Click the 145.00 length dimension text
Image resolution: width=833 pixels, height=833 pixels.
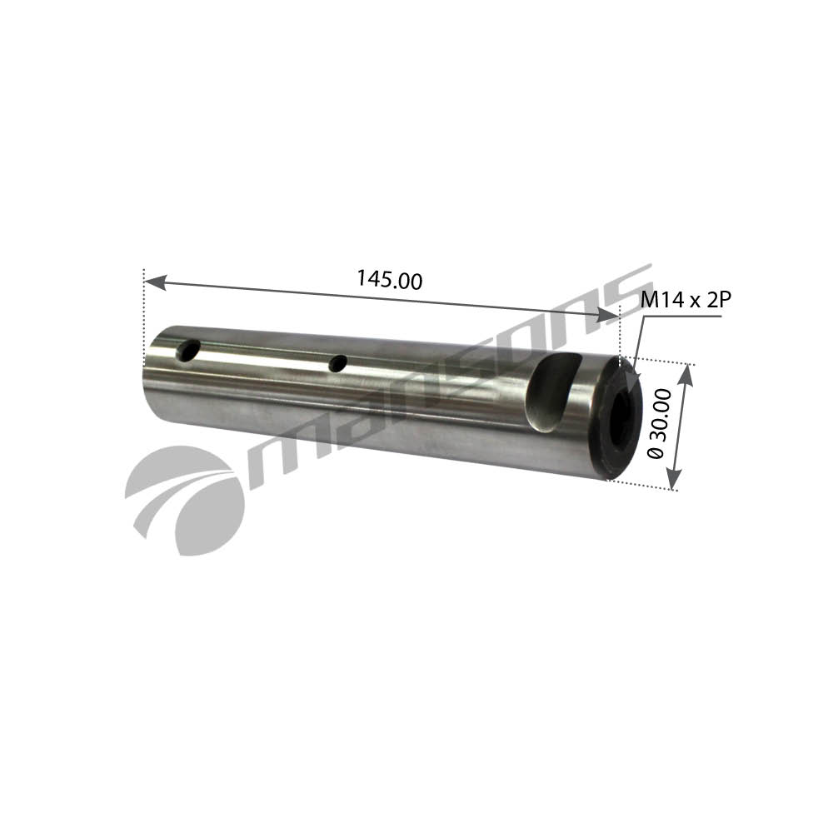[x=389, y=279]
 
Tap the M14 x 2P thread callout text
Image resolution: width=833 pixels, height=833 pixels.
[x=686, y=300]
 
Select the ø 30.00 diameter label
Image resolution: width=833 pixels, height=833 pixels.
[x=660, y=423]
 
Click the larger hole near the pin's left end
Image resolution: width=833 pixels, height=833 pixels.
[x=187, y=351]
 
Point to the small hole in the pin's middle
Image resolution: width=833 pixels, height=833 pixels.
[x=338, y=364]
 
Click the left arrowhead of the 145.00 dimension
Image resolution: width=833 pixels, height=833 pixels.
[x=156, y=282]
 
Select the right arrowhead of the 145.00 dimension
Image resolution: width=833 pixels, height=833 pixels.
[x=607, y=315]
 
